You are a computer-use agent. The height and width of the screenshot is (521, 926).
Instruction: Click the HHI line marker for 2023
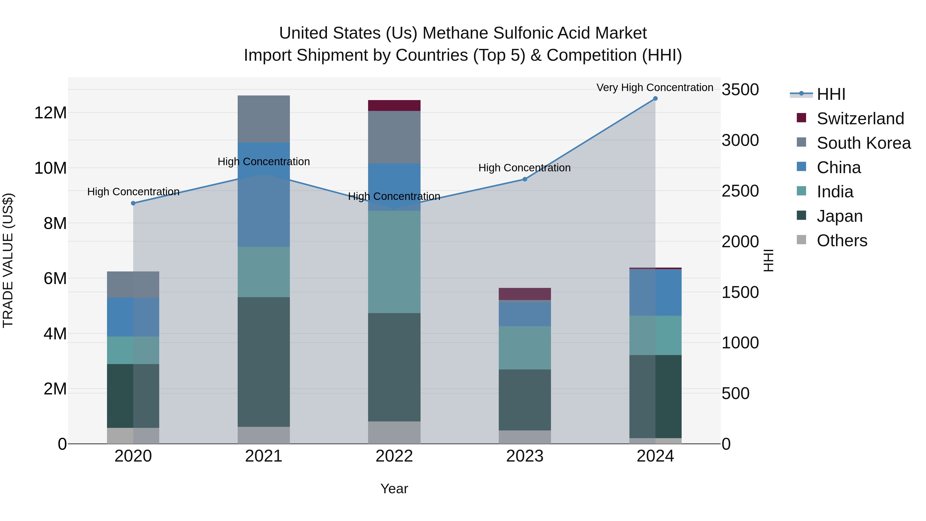point(524,179)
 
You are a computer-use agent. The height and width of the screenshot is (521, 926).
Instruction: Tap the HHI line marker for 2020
point(133,203)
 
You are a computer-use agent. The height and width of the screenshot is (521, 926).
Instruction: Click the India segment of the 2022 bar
point(394,262)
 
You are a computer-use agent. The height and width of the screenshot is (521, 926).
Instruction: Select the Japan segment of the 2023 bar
point(524,400)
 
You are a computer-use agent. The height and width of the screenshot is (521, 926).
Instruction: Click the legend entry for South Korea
point(863,143)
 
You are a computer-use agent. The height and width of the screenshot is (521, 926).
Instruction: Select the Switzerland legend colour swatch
point(801,118)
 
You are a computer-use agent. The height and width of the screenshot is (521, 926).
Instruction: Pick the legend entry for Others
point(842,241)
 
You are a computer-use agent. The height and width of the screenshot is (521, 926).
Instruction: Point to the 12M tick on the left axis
point(50,113)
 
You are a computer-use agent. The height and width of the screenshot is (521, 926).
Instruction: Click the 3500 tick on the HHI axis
point(740,90)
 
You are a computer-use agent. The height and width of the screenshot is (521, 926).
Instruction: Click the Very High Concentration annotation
point(655,87)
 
